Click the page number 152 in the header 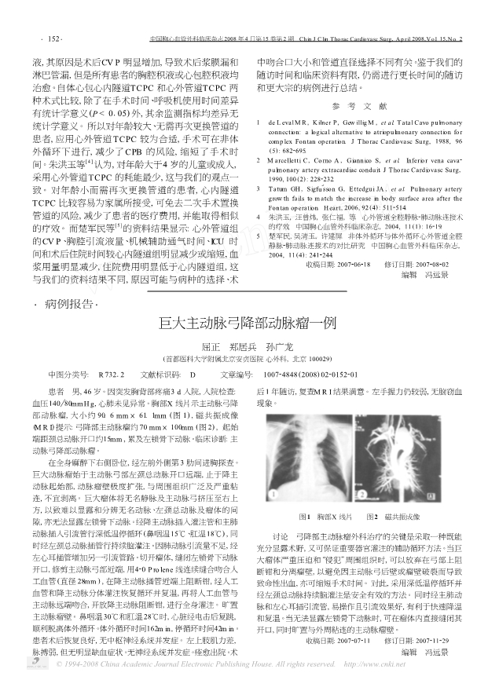33,37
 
